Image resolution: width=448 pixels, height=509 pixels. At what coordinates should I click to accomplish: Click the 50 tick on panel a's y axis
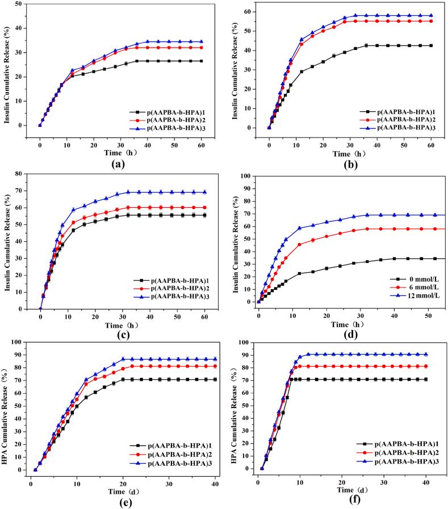[26, 3]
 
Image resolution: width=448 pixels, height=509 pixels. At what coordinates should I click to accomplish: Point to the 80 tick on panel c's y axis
[26, 174]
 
